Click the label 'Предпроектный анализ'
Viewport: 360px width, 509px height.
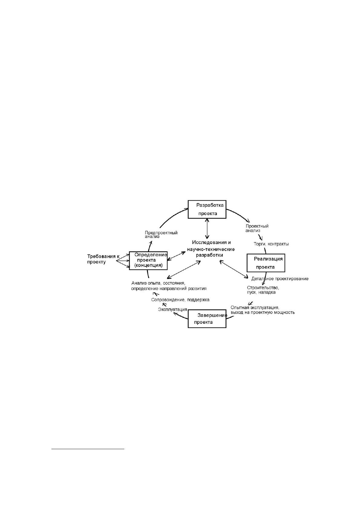161,235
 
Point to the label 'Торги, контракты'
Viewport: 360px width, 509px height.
271,244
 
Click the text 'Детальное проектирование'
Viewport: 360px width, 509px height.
280,279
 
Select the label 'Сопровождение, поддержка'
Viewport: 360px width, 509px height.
180,300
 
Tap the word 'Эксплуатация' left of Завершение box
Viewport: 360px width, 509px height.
173,310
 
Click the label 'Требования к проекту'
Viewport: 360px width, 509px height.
103,259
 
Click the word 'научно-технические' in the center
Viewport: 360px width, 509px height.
211,249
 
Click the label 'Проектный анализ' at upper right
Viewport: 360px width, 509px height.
257,229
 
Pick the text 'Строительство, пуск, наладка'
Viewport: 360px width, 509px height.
263,290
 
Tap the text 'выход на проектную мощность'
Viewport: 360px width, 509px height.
263,313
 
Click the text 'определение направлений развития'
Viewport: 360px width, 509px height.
169,289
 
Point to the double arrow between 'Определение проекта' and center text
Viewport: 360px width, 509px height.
176,256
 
